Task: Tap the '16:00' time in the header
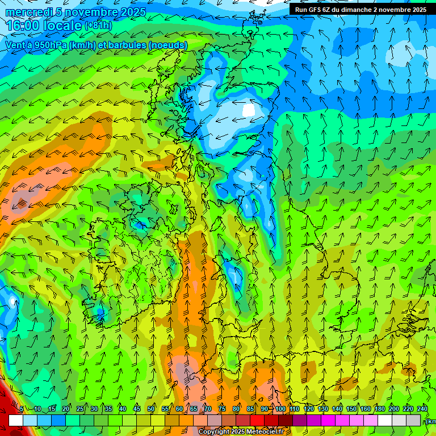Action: pos(23,26)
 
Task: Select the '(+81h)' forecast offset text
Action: pos(98,26)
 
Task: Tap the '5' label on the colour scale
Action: pos(21,409)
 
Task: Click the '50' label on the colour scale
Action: pos(151,409)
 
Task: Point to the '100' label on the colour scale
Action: pos(280,409)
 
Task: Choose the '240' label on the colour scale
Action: pos(422,409)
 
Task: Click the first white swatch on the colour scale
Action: pos(16,420)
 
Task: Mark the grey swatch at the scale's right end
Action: pos(413,420)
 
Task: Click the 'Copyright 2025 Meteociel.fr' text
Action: pos(241,432)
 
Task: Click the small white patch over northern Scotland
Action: pos(249,110)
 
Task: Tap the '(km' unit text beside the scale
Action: pos(431,421)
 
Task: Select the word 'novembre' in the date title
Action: pos(88,12)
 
